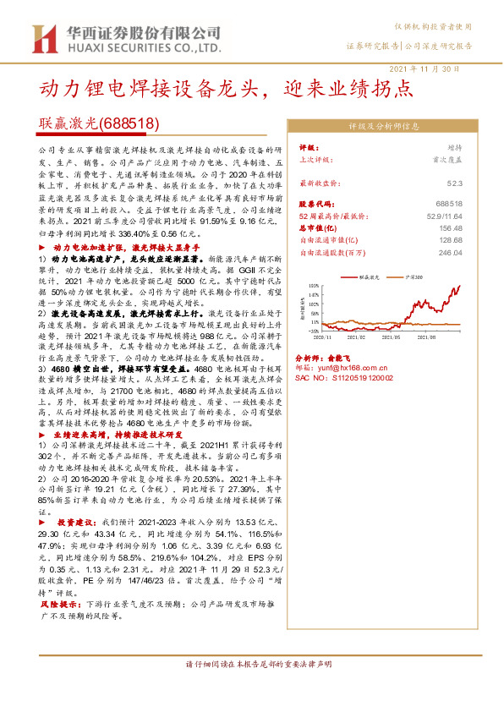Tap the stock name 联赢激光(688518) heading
[x=100, y=123]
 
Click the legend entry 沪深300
[x=414, y=276]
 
